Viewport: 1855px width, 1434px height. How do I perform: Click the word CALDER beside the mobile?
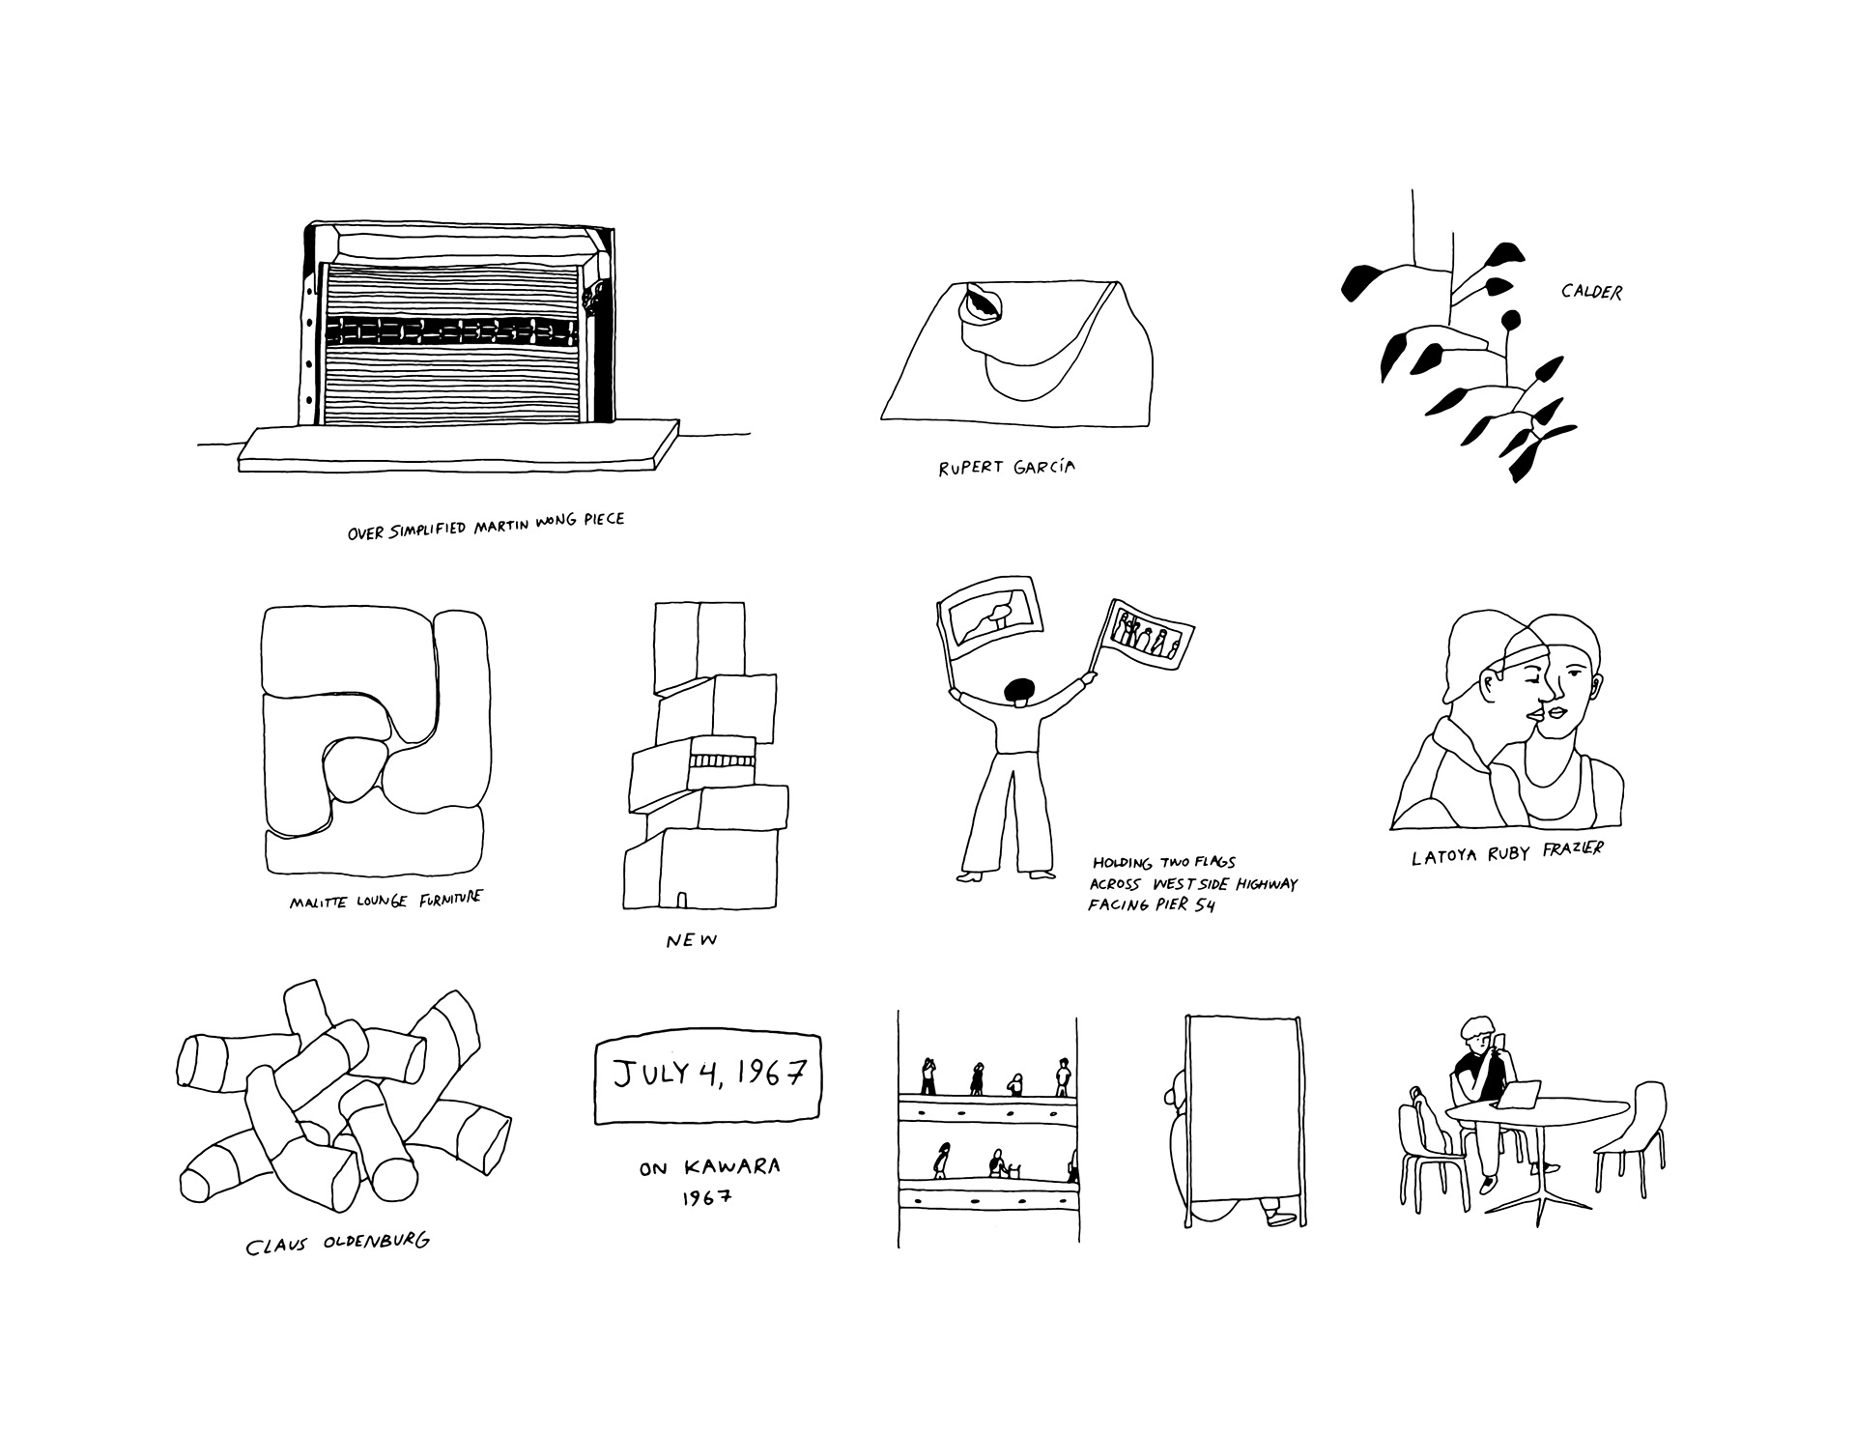point(1591,291)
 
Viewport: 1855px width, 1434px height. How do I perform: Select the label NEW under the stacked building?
point(692,940)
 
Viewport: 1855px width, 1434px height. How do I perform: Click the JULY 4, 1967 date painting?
point(707,1079)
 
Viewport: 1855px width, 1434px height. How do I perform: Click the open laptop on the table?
point(1518,1093)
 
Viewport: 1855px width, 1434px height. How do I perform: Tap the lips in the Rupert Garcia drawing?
point(983,306)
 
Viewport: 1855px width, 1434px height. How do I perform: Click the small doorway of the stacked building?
point(682,900)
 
